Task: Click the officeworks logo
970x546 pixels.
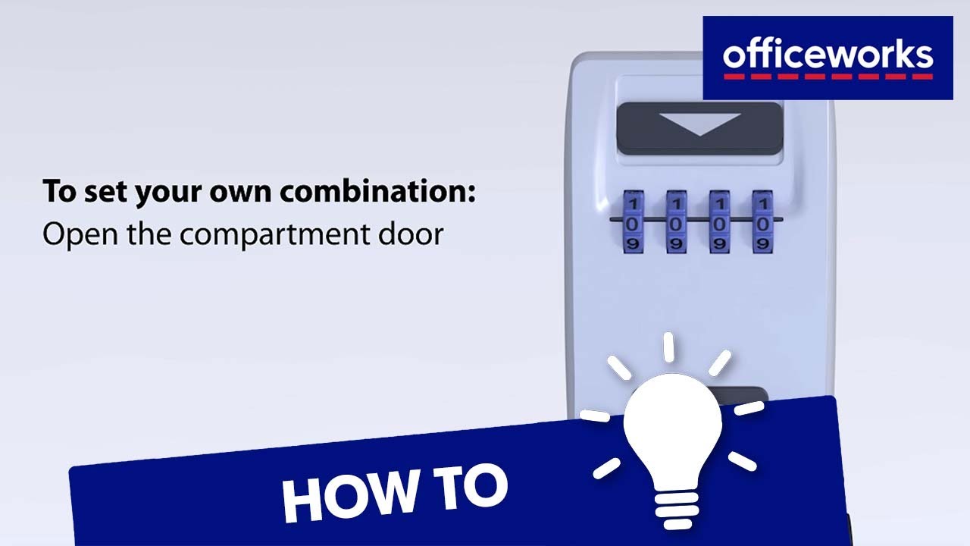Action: click(x=828, y=58)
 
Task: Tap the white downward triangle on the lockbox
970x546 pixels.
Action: click(x=699, y=124)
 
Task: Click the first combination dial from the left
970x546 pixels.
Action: click(x=633, y=222)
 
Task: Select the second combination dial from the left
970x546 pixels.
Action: click(x=676, y=222)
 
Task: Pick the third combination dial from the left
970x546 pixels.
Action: click(x=719, y=222)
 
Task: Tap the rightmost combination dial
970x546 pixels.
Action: click(x=762, y=222)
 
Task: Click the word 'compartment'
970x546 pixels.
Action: click(x=274, y=236)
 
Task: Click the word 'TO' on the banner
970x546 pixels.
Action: click(x=471, y=488)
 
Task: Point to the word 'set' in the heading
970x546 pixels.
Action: click(x=105, y=192)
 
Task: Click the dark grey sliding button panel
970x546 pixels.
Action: click(x=699, y=129)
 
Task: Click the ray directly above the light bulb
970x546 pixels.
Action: click(x=669, y=347)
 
